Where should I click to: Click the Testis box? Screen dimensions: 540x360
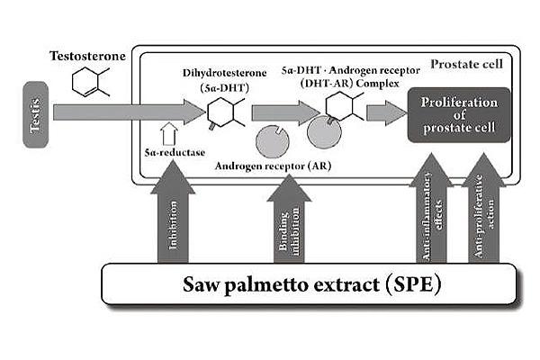[x=36, y=114]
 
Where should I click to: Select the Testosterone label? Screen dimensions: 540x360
[x=88, y=56]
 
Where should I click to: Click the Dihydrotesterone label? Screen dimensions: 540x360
[x=224, y=73]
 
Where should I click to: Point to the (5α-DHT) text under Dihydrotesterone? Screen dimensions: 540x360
[x=224, y=88]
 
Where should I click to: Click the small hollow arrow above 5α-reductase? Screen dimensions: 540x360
[x=169, y=134]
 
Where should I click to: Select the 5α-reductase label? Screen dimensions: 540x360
[x=175, y=153]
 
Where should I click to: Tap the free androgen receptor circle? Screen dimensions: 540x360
[x=273, y=141]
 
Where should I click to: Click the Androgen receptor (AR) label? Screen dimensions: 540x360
[x=273, y=166]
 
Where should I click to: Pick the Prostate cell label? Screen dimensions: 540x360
[x=466, y=64]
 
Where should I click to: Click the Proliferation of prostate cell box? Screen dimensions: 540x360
[x=459, y=114]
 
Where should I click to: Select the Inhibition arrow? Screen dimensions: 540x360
[x=173, y=211]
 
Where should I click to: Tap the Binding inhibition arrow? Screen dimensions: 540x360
[x=289, y=219]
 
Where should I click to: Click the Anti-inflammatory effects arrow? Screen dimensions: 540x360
[x=431, y=209]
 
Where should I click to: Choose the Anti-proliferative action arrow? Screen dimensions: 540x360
[x=484, y=209]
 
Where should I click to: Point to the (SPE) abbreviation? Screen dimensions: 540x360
[x=413, y=284]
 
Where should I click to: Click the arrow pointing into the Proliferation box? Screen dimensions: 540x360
[x=387, y=113]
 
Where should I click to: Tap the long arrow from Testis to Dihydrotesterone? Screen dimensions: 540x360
[x=130, y=112]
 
